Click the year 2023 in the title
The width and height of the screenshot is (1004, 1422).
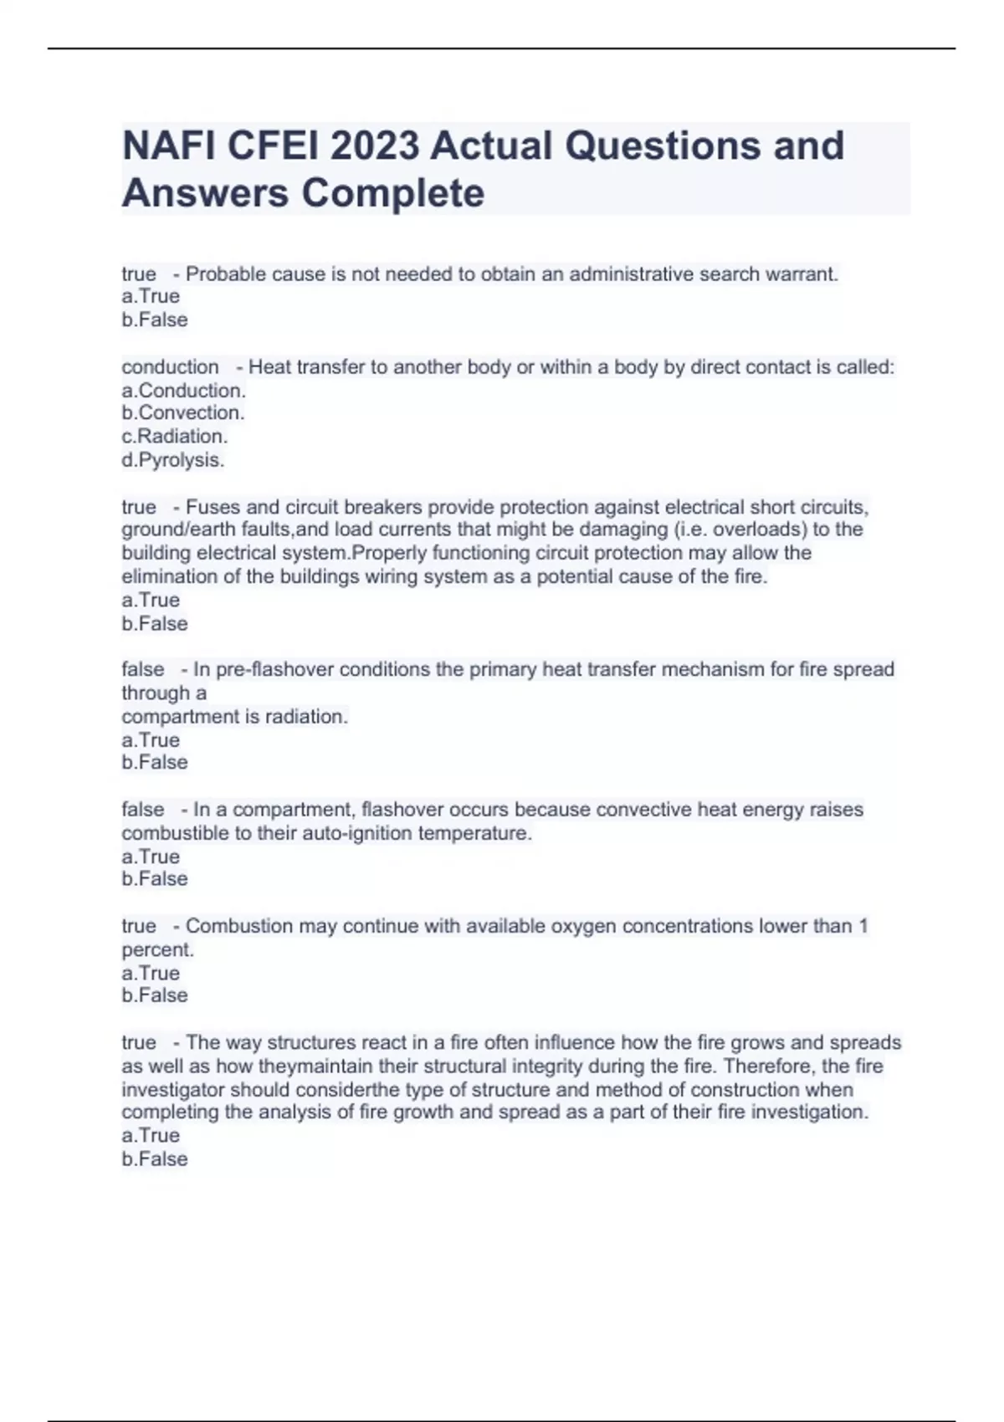(374, 146)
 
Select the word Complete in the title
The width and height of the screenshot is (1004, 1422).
(392, 193)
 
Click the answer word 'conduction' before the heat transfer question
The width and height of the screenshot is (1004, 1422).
(170, 367)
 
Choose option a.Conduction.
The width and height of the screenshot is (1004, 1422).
(184, 391)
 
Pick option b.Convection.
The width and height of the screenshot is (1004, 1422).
(183, 413)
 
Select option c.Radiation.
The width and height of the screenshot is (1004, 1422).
(175, 437)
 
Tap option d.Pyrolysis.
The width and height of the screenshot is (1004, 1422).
(173, 460)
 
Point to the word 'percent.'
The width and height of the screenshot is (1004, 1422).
(157, 950)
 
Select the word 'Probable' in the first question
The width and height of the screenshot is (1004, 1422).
(221, 274)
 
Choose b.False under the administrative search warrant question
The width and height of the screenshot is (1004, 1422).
(155, 320)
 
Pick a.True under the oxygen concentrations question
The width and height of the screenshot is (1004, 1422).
(151, 974)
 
